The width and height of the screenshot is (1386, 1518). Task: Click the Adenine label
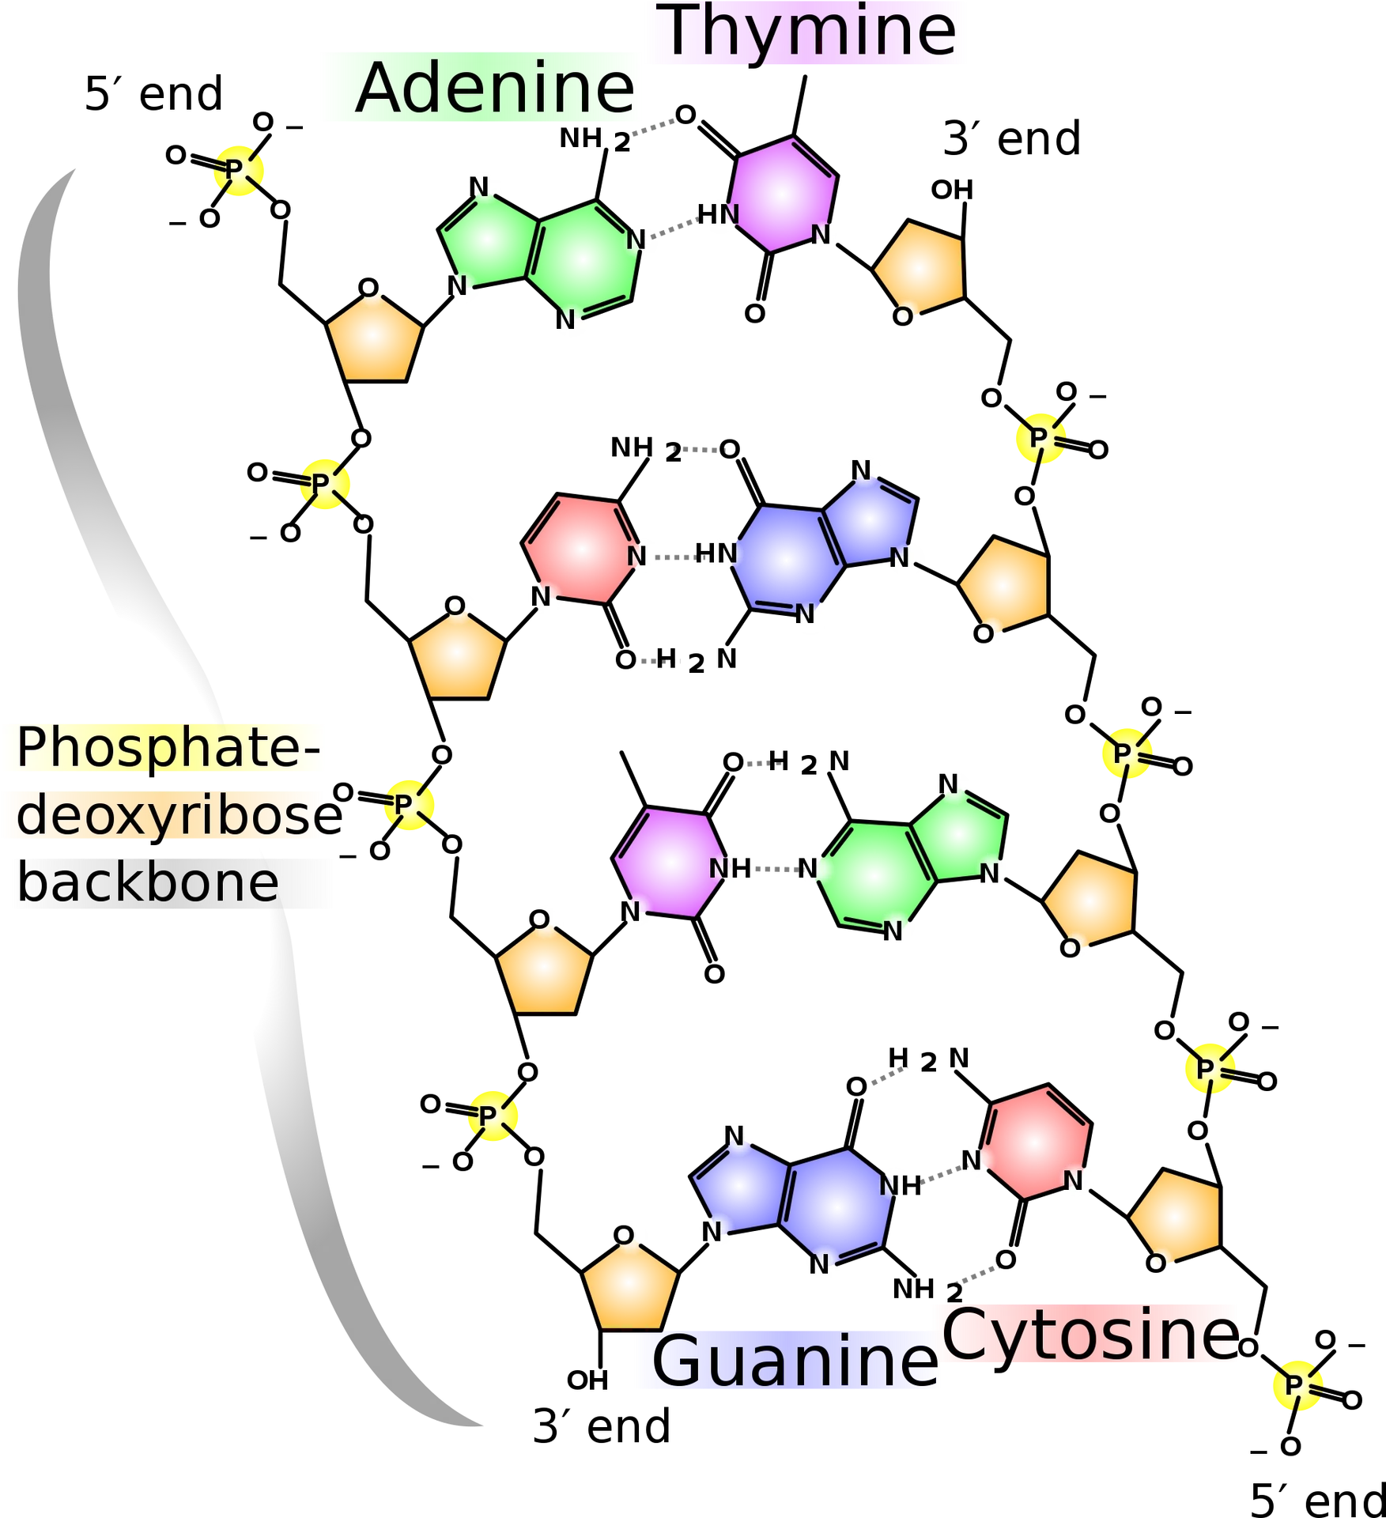495,88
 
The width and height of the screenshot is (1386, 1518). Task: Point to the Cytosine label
1090,1333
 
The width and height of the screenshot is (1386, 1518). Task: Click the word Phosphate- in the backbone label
168,747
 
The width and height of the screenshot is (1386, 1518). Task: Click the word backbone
148,882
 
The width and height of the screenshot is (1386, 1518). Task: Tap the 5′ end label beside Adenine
153,94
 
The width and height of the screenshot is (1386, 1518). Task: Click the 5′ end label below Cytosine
1317,1497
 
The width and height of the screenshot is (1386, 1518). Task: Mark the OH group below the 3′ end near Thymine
952,190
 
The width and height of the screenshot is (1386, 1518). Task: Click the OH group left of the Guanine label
587,1377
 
